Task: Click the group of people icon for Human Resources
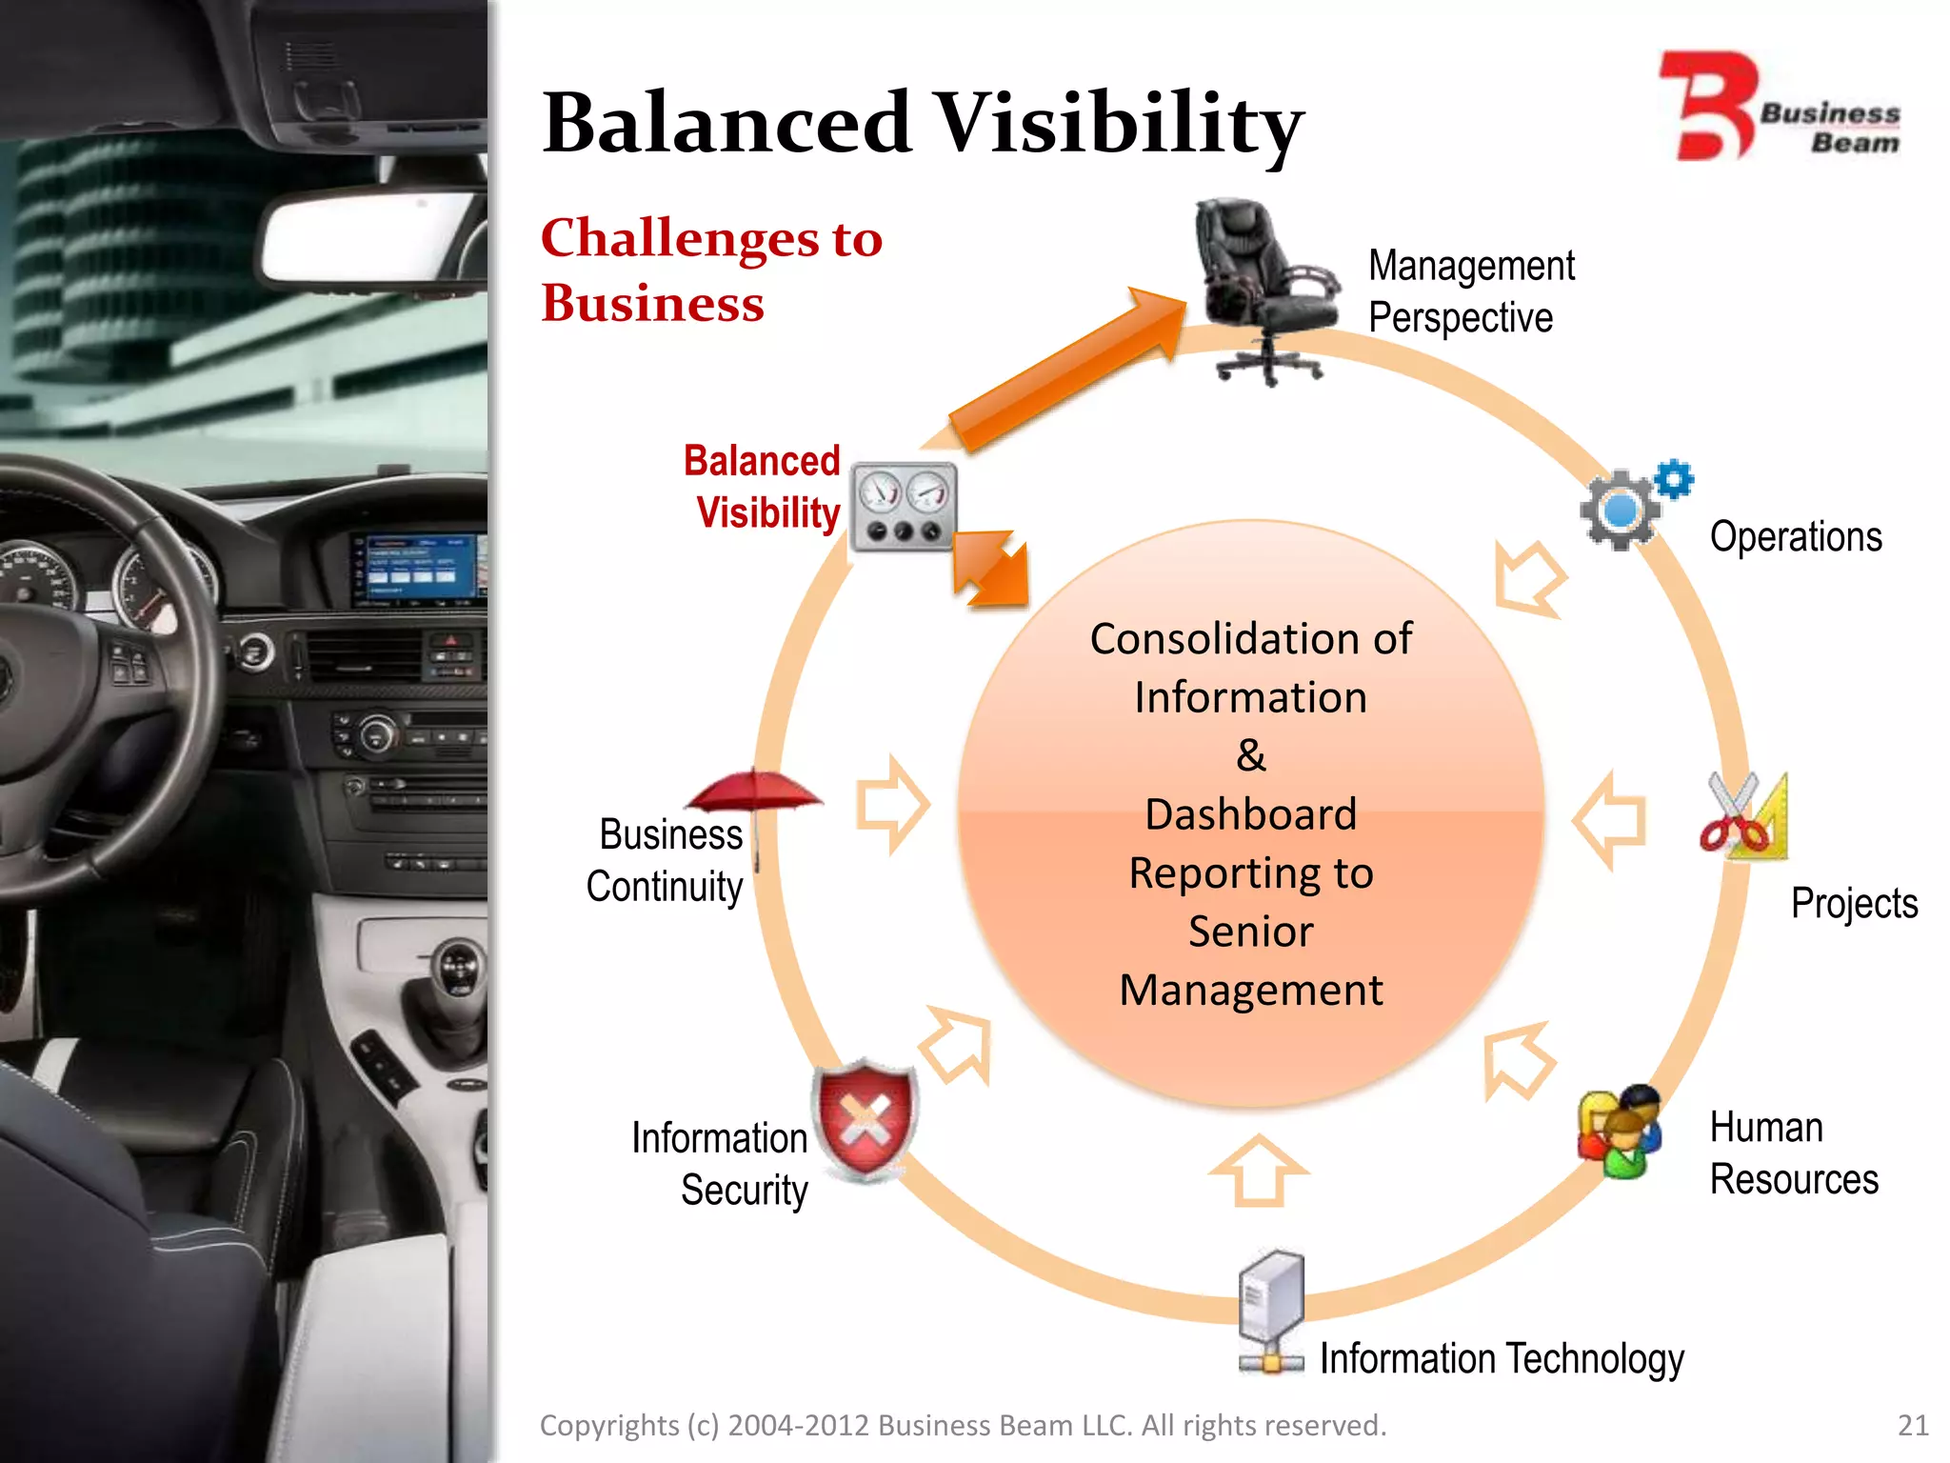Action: (1620, 1132)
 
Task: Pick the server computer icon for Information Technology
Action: (1271, 1310)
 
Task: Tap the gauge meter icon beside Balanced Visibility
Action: (903, 507)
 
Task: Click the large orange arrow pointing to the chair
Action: (1066, 371)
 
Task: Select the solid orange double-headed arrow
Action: (990, 569)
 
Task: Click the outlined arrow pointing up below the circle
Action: (1258, 1170)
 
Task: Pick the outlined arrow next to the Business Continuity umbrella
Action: (891, 805)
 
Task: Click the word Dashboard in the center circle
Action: (1250, 814)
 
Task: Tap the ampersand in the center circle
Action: (1250, 755)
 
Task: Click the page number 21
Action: (1912, 1425)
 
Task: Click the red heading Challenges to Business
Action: (710, 270)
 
